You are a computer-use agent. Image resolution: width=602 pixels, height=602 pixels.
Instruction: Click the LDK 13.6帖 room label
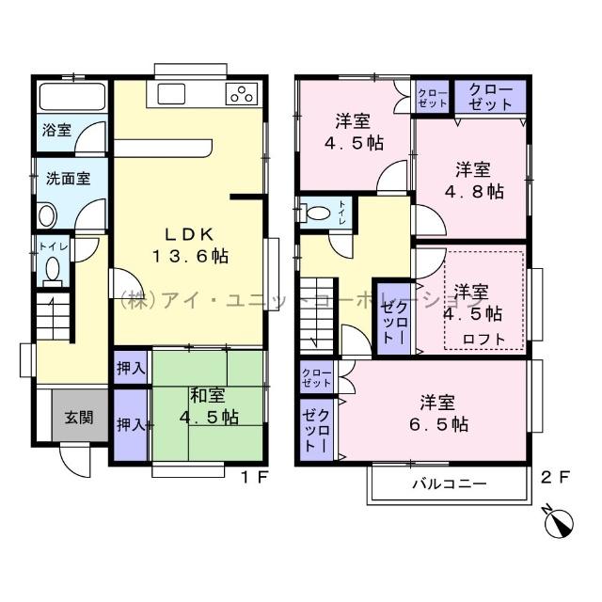pos(193,245)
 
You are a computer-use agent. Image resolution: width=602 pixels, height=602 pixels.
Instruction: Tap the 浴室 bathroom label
pos(56,131)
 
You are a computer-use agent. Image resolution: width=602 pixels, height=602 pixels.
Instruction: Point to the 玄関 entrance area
pos(78,417)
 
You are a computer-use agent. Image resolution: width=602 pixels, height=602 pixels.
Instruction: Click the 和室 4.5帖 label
pos(205,407)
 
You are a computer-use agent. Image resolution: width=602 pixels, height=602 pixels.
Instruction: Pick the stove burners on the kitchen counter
pos(242,93)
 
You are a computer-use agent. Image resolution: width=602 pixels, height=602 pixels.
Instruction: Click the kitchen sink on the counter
pos(174,93)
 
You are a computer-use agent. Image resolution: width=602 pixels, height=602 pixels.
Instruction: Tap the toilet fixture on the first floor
pos(53,270)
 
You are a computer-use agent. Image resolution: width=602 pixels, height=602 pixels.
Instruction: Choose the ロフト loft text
pos(483,339)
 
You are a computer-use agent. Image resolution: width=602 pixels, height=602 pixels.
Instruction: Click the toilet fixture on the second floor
pos(316,213)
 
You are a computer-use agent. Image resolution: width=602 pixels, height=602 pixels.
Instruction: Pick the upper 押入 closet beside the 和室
pos(131,367)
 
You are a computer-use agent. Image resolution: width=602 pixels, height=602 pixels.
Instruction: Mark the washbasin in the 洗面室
pos(47,214)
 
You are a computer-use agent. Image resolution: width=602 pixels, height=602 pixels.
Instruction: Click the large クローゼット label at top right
pos(490,97)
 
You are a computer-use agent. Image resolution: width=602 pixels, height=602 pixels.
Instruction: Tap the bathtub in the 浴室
pos(71,98)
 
